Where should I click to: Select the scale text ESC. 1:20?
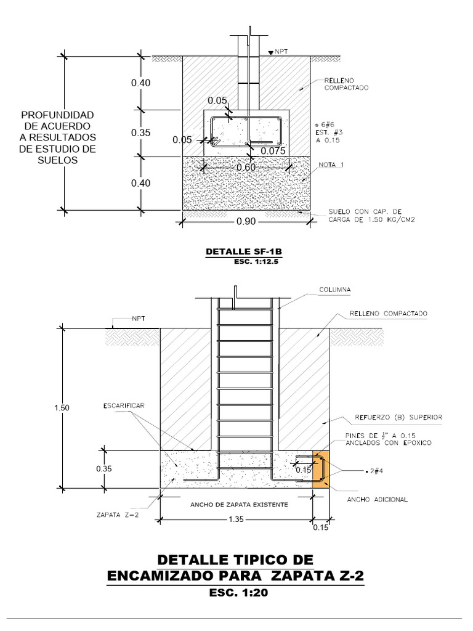[x=236, y=593]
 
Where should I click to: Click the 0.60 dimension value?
[x=246, y=167]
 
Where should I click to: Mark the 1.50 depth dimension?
[x=62, y=407]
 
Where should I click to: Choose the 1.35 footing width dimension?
[x=236, y=519]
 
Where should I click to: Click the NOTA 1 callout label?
[x=331, y=165]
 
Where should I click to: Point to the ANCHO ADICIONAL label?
[x=378, y=500]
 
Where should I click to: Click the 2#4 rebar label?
[x=375, y=471]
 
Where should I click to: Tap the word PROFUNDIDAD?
[x=57, y=115]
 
